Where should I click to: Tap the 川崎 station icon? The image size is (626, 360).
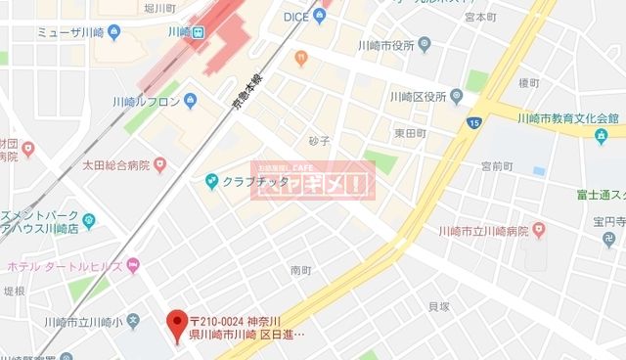200,31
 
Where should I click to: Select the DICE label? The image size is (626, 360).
295,17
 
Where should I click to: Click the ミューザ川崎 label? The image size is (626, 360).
69,31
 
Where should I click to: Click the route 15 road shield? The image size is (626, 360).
474,122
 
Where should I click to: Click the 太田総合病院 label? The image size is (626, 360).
116,165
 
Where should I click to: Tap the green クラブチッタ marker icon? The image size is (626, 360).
211,180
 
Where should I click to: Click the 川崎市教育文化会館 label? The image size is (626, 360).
568,118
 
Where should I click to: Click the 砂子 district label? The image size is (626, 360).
320,141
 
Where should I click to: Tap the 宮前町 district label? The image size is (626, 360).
495,166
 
